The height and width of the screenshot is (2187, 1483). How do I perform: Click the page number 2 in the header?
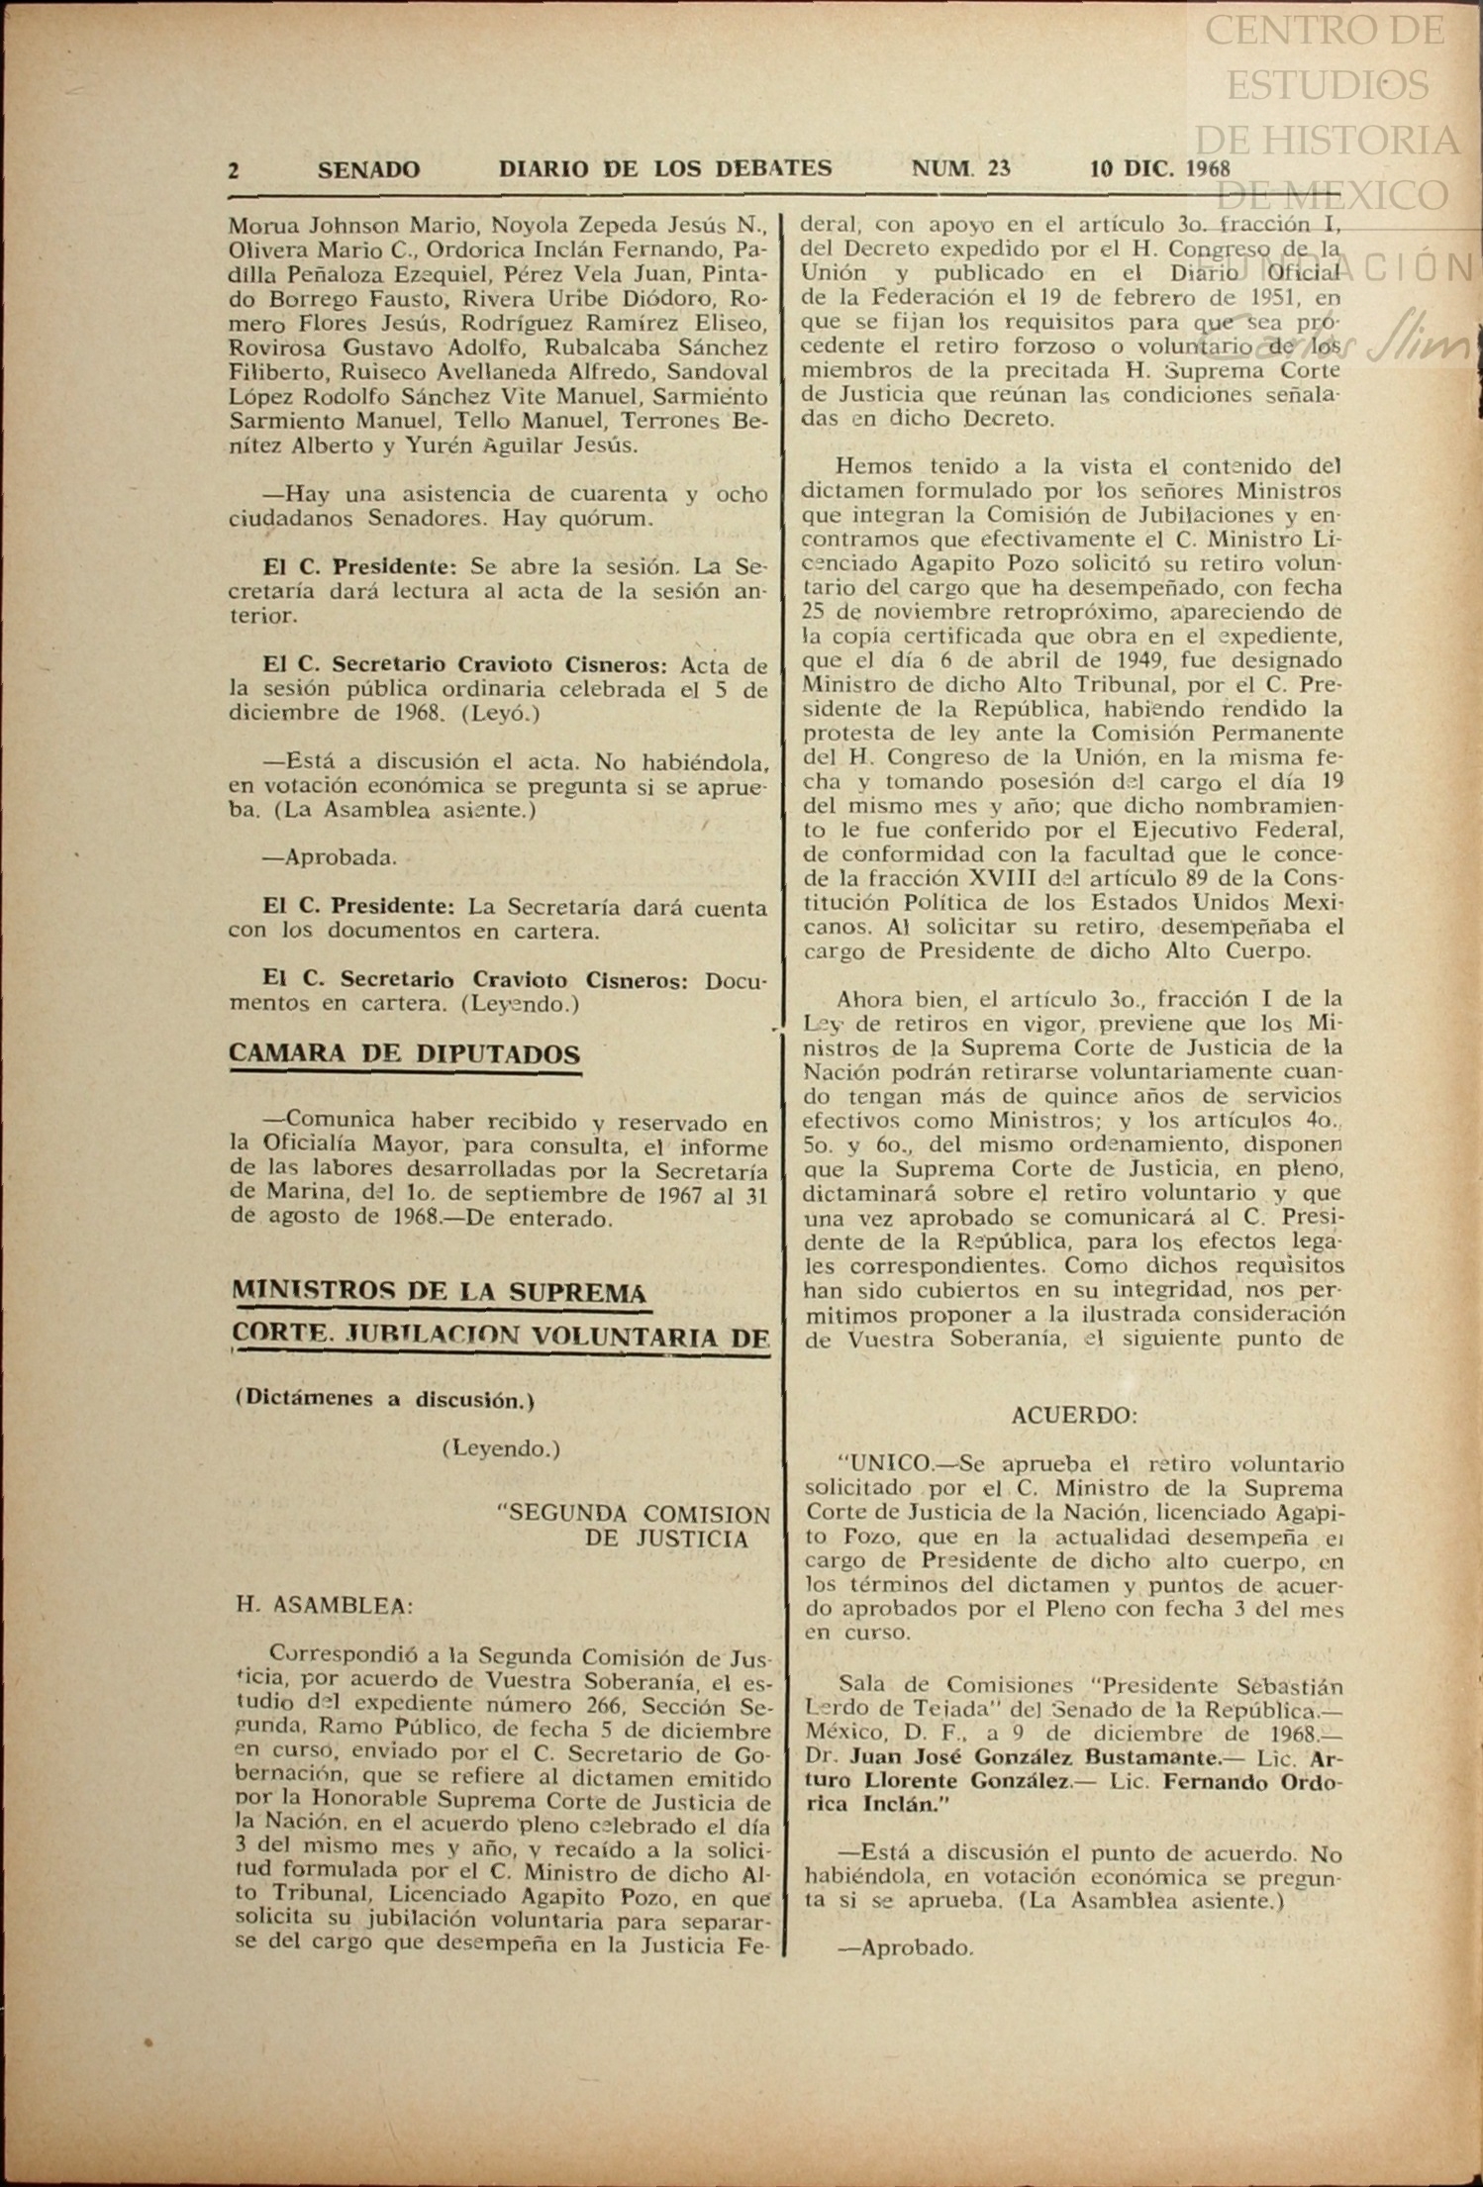(234, 170)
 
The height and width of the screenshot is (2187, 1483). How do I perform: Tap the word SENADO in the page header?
(368, 170)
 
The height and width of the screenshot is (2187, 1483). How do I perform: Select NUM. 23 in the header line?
(960, 168)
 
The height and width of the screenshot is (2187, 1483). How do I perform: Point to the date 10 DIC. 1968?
(1159, 168)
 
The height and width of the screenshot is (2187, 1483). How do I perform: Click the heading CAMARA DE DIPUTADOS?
(404, 1053)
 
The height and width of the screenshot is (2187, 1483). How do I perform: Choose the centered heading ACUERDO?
(1074, 1416)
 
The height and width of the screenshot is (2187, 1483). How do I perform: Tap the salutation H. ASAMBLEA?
(324, 1606)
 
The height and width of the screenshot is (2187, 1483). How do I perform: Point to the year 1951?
(1265, 297)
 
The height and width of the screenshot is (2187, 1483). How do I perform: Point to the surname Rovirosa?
(280, 348)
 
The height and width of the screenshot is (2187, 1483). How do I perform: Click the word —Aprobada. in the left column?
(329, 857)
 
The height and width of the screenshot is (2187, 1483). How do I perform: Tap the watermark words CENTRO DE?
(1325, 32)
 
